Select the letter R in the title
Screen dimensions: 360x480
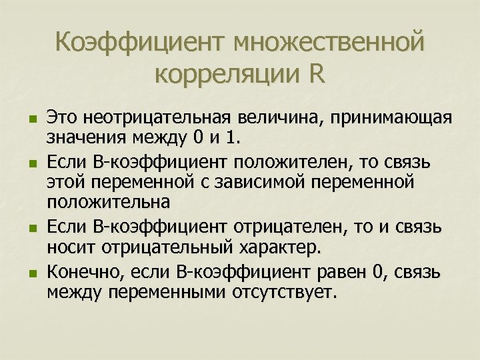(x=317, y=74)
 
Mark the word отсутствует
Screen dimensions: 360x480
(x=285, y=293)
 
